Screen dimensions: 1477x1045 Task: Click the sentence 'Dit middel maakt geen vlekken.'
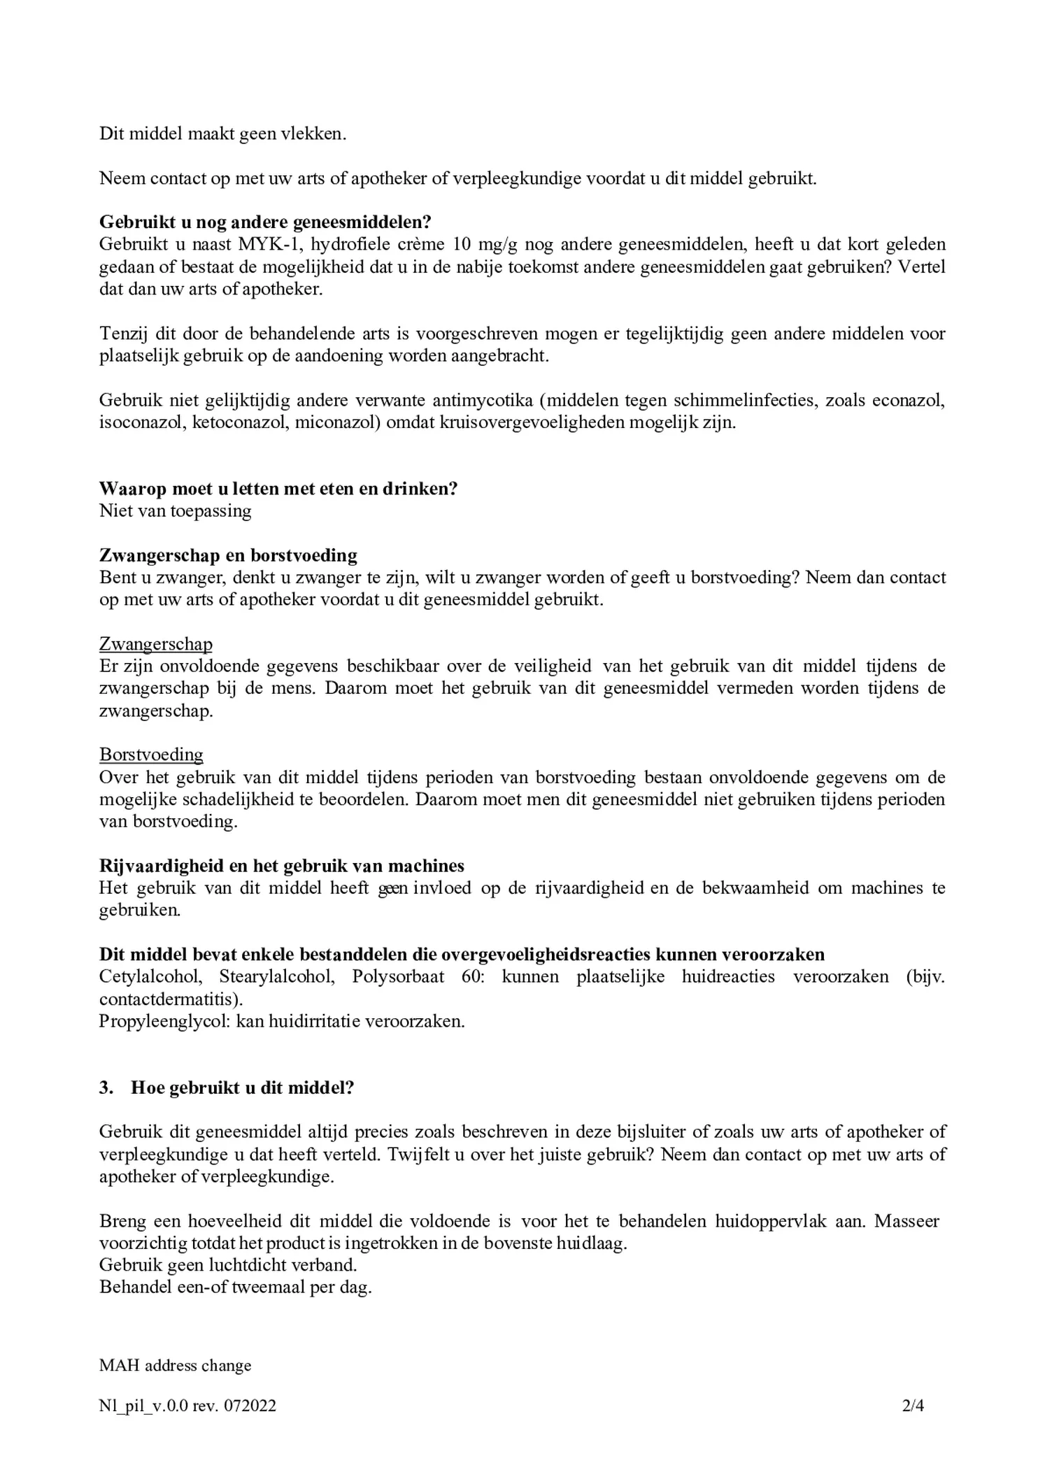222,134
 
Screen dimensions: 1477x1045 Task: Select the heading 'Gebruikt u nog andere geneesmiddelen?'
265,222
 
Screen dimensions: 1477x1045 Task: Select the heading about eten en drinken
278,489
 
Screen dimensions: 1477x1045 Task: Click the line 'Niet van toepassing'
176,511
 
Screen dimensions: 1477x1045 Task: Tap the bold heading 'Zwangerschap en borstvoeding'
228,555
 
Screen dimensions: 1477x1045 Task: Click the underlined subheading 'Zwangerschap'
156,644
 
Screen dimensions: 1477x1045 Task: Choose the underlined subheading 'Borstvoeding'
151,755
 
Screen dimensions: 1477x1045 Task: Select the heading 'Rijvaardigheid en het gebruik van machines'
282,866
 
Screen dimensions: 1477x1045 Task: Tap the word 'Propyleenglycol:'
164,1021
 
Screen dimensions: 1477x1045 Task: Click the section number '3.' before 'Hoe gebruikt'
106,1088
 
